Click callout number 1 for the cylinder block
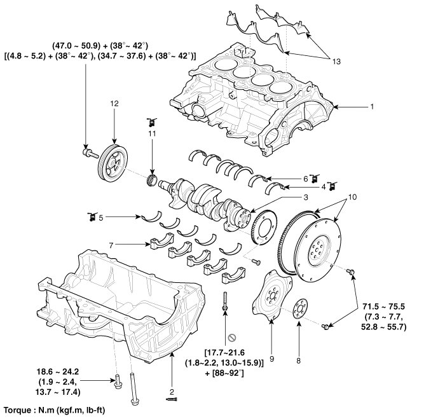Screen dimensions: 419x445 [x=371, y=106]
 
